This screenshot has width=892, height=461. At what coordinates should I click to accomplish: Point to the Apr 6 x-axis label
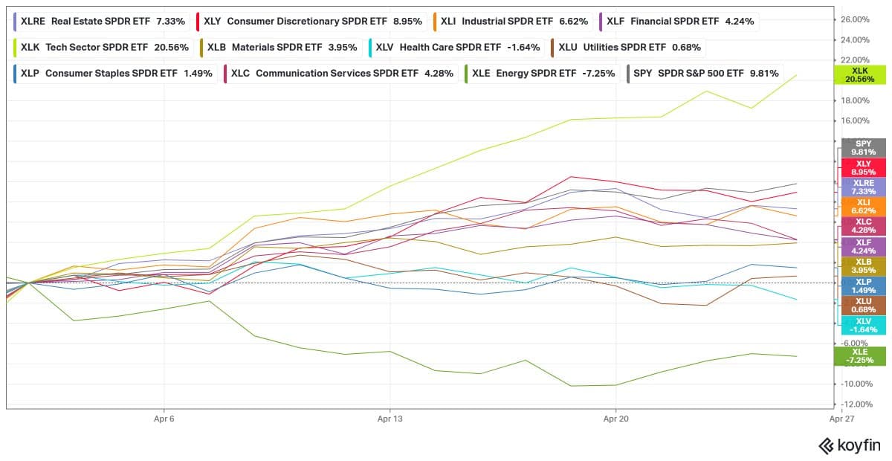pyautogui.click(x=164, y=419)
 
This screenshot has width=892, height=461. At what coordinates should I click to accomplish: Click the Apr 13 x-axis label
pyautogui.click(x=390, y=419)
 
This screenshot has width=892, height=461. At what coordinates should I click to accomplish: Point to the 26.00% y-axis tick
pyautogui.click(x=854, y=19)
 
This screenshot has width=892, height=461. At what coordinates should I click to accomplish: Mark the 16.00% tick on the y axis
pyautogui.click(x=854, y=120)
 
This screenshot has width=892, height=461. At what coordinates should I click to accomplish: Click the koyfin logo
pyautogui.click(x=849, y=445)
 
